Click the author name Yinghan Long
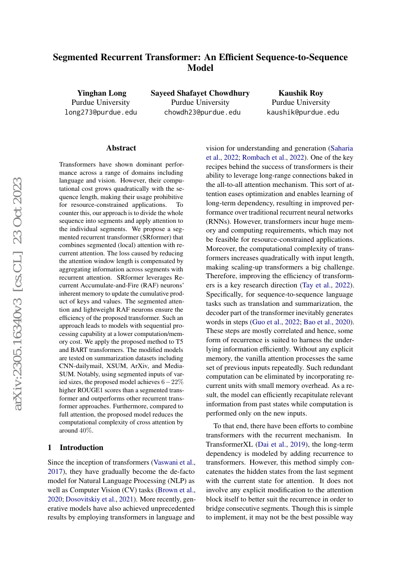(102, 93)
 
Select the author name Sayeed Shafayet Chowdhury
(200, 93)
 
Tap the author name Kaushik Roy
(301, 93)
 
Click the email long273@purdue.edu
(101, 112)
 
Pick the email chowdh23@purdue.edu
(202, 112)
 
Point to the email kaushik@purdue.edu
(303, 112)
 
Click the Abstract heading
(121, 148)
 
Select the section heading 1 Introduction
(76, 447)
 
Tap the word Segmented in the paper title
(79, 57)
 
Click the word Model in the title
(200, 68)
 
